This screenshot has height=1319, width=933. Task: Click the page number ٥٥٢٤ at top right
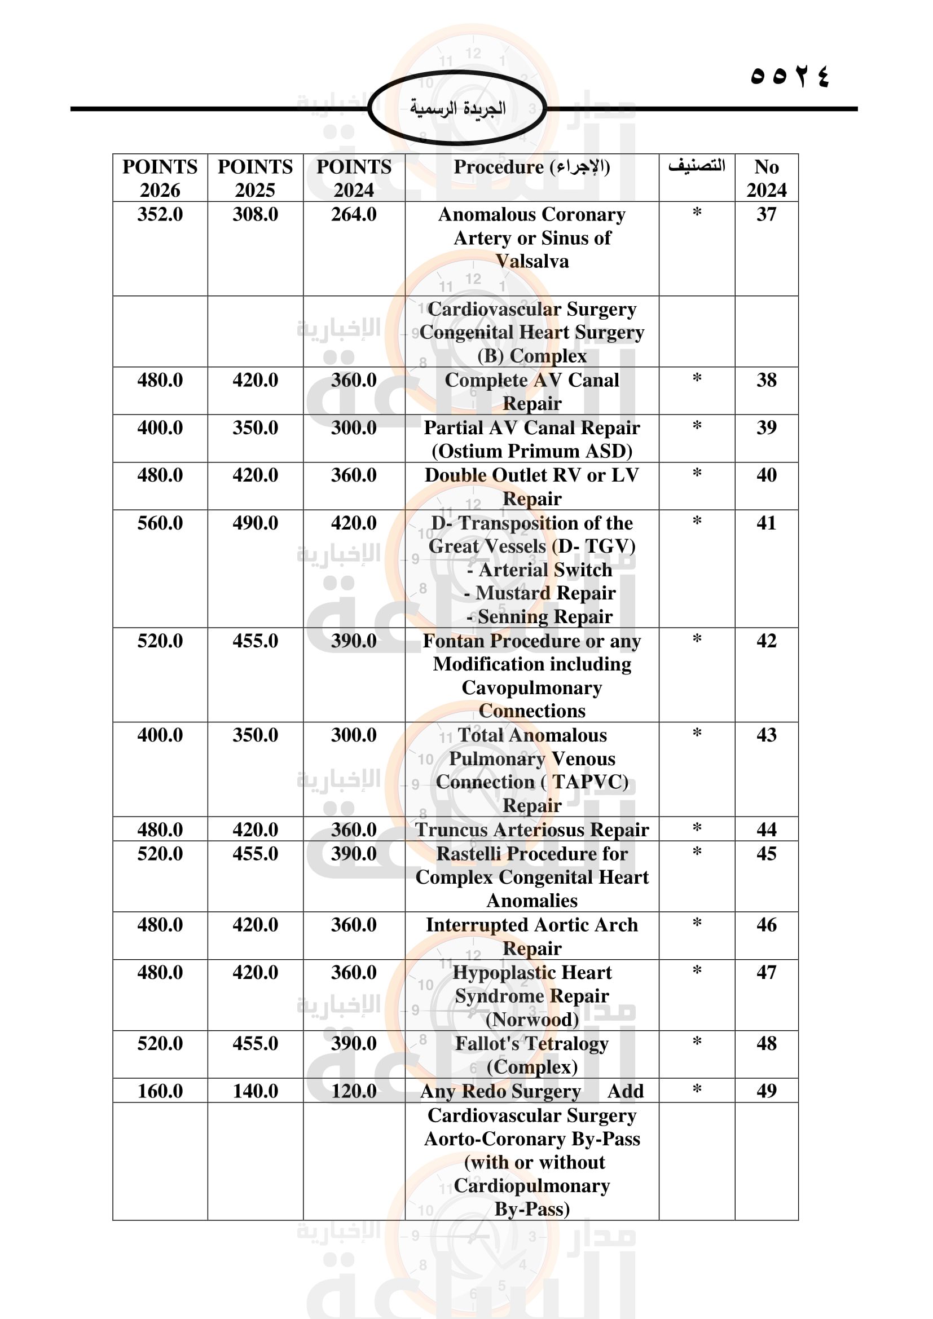click(x=789, y=76)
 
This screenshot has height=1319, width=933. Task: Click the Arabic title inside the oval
click(x=457, y=108)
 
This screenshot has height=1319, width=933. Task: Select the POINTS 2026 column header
click(x=160, y=178)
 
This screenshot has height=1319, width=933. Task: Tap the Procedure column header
click(x=531, y=167)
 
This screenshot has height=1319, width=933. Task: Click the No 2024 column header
click(x=766, y=178)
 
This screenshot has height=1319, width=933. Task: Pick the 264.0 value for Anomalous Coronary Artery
click(x=353, y=214)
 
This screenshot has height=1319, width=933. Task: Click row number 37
click(x=766, y=214)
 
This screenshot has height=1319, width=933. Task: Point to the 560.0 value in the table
click(x=160, y=523)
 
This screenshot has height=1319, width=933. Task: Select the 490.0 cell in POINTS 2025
click(x=255, y=523)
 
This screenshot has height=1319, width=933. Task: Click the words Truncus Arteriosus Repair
click(x=531, y=830)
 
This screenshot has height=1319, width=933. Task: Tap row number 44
click(x=766, y=830)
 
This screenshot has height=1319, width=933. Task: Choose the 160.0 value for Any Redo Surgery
click(x=160, y=1091)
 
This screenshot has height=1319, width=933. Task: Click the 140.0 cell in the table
click(x=255, y=1091)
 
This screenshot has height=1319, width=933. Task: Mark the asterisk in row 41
click(x=696, y=522)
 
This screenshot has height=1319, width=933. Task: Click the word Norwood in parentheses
click(x=532, y=1020)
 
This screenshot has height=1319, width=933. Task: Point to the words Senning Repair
click(x=545, y=616)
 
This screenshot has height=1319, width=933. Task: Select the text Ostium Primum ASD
click(x=531, y=452)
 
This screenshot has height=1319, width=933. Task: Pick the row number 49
click(x=766, y=1091)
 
